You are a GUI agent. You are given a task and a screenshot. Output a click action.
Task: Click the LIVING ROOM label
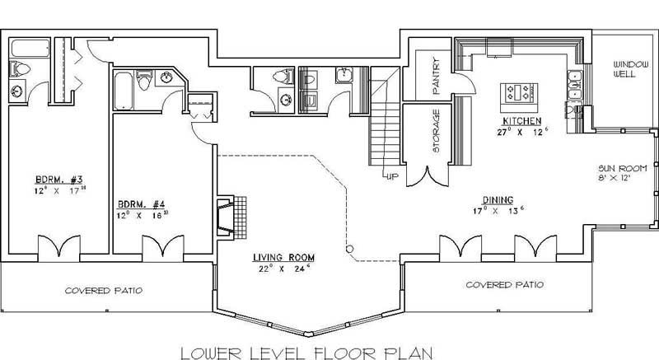pyautogui.click(x=284, y=258)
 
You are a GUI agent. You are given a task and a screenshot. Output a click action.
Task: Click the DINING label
pyautogui.click(x=498, y=200)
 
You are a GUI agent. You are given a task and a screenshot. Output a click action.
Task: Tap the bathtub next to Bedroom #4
pyautogui.click(x=123, y=91)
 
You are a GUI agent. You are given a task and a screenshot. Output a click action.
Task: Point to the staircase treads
pyautogui.click(x=382, y=124)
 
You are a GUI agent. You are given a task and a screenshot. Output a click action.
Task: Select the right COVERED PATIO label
pyautogui.click(x=504, y=285)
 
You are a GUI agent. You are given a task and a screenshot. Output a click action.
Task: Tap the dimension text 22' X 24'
pyautogui.click(x=284, y=268)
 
